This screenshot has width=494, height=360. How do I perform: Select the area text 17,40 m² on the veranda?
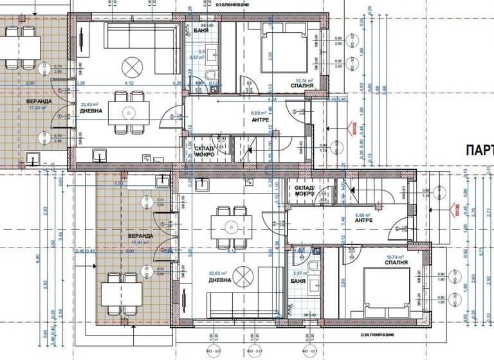[x=39, y=109]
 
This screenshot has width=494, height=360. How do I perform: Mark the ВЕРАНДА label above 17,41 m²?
[x=140, y=237]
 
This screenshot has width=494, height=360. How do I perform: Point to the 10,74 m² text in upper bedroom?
[x=302, y=81]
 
